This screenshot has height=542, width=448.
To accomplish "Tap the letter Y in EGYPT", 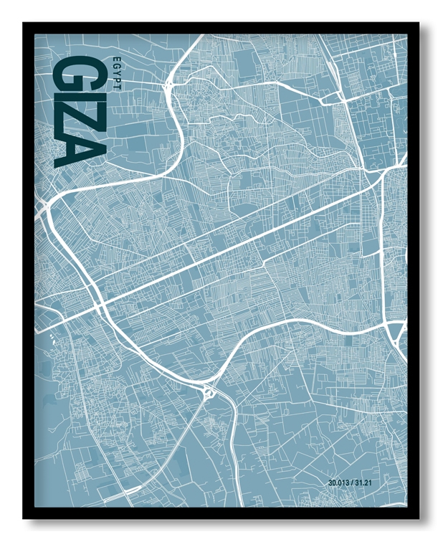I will click(117, 71).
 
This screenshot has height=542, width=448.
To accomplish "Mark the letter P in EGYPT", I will click(117, 77).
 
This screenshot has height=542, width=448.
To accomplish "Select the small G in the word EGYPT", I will click(117, 64).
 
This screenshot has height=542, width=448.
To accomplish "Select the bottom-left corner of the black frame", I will click(24, 518).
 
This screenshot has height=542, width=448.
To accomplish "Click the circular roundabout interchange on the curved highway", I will click(209, 391).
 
